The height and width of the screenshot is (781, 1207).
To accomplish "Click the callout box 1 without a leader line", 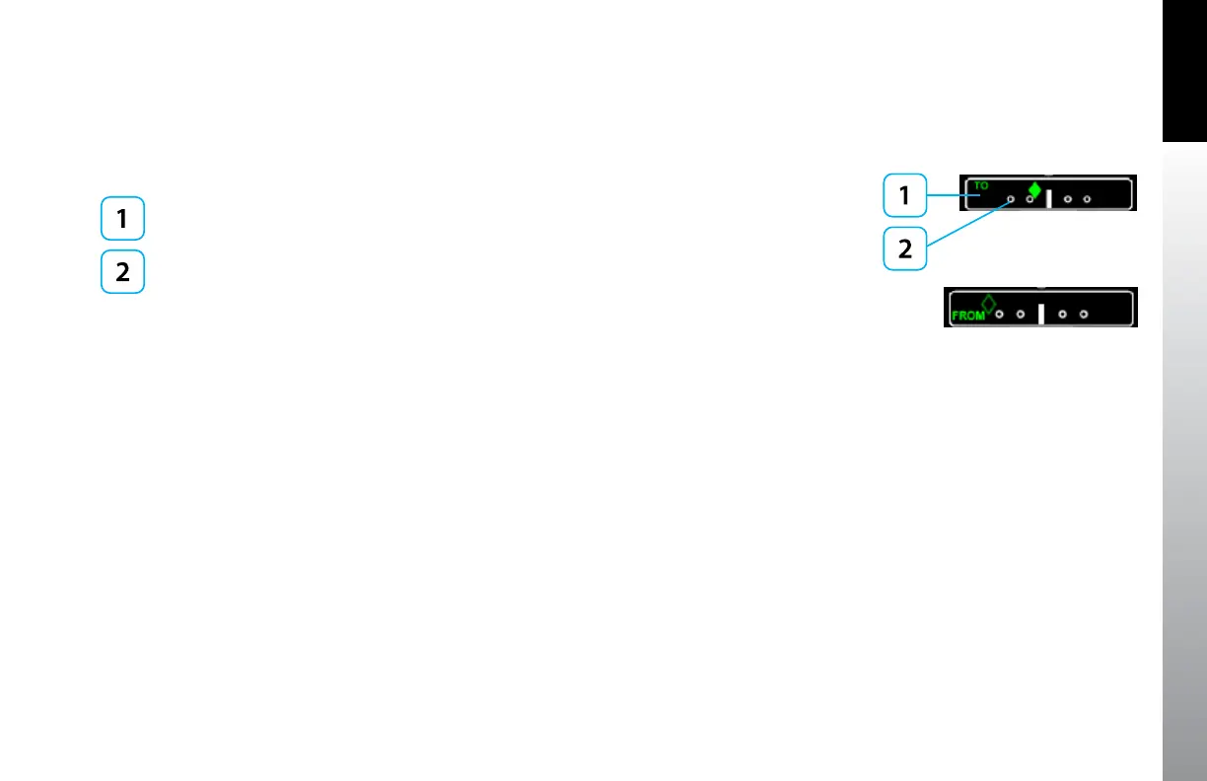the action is pos(122,219).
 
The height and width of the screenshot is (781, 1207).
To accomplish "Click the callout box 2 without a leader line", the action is pos(122,271).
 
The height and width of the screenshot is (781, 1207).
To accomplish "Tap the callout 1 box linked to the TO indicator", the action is pos(903,195).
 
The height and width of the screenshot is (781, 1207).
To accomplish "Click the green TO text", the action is pos(981,184).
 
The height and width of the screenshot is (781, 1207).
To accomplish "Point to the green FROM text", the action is pos(969,316).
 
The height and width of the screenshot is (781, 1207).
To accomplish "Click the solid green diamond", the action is pos(1034,189).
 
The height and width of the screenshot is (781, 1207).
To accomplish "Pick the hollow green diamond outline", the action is pos(988,303).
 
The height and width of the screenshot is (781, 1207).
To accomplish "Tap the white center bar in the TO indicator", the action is pos(1048,199).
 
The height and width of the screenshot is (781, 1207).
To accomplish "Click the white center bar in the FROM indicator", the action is pos(1041,315).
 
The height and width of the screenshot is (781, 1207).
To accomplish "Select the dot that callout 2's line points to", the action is pos(1010,199).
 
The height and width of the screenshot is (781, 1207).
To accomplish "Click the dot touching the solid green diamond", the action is pos(1029,199).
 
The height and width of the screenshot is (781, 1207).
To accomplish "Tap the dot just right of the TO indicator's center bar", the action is pos(1068,199).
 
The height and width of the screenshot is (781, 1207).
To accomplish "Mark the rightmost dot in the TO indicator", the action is pos(1087,199).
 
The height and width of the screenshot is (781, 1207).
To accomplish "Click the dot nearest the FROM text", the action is pos(999,315).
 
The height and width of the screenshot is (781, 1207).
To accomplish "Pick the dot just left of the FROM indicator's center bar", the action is pos(1021,315).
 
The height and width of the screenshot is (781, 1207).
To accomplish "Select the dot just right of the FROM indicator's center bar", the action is pos(1062,315).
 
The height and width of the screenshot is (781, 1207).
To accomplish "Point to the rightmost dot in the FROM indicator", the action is pos(1083,315).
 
